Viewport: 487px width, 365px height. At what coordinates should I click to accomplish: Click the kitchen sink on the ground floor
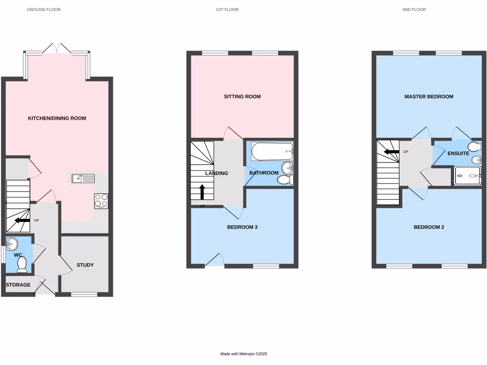coord(83,179)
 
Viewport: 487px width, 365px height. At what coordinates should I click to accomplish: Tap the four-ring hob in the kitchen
coord(101,201)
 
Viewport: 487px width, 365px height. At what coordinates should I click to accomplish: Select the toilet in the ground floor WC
coord(22,264)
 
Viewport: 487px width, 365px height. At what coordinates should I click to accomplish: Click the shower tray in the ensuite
coord(468,176)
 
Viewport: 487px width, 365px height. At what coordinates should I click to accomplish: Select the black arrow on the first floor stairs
coord(202,192)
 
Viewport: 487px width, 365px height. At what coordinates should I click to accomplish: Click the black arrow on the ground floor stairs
coord(22,220)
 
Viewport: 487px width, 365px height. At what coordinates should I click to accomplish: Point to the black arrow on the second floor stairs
coord(391,152)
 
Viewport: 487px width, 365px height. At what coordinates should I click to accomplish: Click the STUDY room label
coord(85,265)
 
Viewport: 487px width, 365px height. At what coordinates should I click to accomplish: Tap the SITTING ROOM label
coord(243,96)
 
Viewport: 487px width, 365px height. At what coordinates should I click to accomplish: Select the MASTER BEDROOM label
coord(429,96)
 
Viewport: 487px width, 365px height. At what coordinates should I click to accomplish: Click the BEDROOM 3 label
coord(242,227)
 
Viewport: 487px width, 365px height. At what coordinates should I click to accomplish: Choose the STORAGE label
coord(18,285)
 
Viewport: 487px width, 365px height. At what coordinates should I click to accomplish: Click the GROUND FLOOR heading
coord(44,10)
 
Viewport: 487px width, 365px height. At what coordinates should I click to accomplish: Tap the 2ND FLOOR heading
coord(414,10)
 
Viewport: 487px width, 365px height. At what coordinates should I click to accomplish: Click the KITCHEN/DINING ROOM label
coord(57,118)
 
